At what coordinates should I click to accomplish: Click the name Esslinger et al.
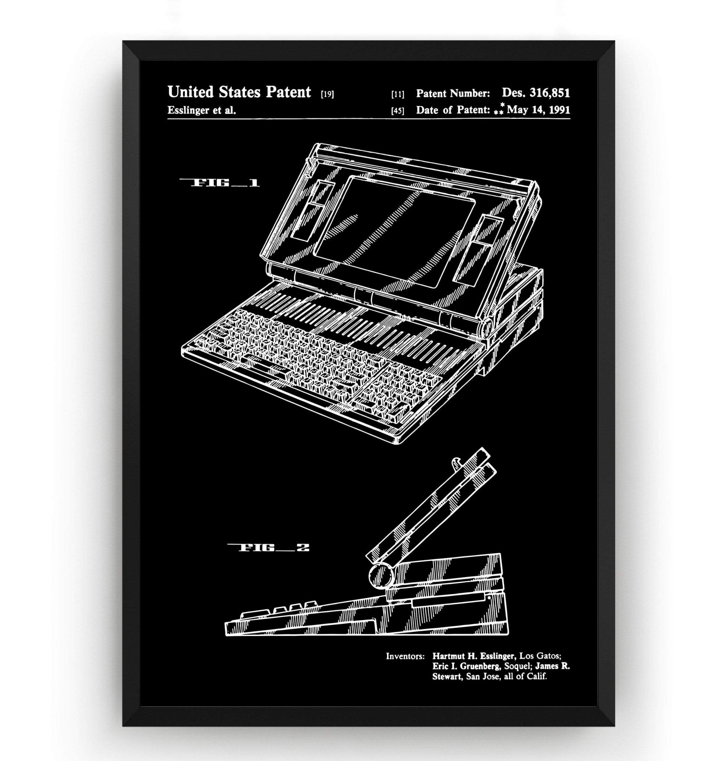[x=202, y=111]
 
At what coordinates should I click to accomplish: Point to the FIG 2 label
[x=268, y=548]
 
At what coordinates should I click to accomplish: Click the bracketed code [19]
[x=327, y=94]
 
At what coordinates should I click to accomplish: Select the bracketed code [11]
[x=398, y=95]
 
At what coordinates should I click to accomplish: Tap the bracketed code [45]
[x=398, y=111]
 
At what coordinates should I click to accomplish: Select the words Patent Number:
[x=453, y=93]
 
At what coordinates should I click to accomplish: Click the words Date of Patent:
[x=453, y=110]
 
